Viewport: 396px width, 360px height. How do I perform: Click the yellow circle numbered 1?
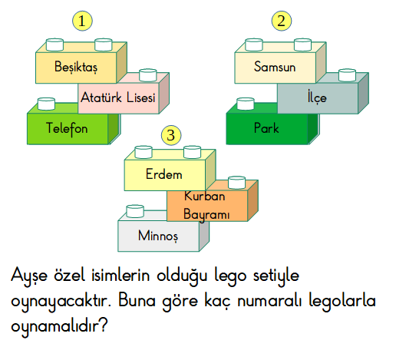click(82, 21)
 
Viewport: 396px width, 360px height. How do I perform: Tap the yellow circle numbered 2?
click(282, 21)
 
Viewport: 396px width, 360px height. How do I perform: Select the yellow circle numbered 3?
click(171, 135)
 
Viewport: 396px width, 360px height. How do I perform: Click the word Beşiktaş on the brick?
click(76, 67)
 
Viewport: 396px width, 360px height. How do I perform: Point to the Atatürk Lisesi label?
click(118, 97)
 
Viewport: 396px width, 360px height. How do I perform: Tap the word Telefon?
click(67, 128)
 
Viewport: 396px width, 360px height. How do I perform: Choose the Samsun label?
click(275, 67)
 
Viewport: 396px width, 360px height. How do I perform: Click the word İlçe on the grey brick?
click(317, 97)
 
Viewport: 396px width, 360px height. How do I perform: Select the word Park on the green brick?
click(266, 128)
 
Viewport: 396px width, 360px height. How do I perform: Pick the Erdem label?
click(164, 174)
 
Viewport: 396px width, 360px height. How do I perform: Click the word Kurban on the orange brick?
click(205, 197)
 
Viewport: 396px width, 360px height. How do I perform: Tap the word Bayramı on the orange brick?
click(206, 214)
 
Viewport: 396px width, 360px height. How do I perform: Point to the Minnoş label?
click(158, 236)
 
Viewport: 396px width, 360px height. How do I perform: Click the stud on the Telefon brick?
click(46, 104)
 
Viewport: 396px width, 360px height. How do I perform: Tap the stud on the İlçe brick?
click(347, 74)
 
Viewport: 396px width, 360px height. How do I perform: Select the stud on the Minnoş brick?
click(135, 211)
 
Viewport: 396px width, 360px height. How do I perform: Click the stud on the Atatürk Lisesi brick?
click(148, 74)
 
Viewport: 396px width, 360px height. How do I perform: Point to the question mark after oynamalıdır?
click(104, 325)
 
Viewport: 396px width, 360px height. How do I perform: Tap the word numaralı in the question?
click(269, 301)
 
